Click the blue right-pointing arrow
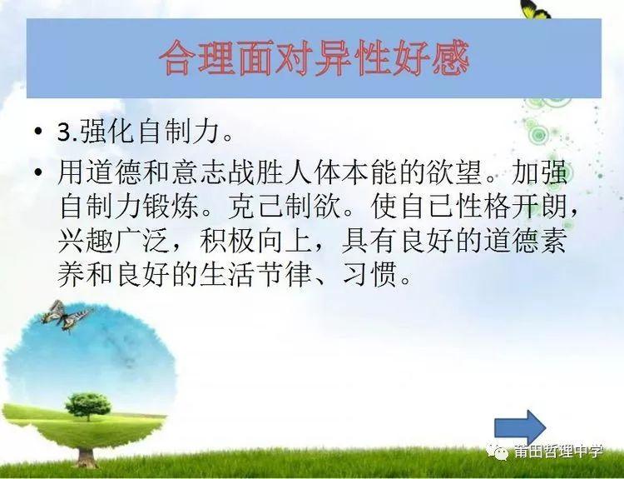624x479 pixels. (519, 428)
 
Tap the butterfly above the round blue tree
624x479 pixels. (66, 316)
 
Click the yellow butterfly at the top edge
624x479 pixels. (535, 9)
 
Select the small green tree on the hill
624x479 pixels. (88, 407)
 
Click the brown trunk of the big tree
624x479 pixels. (86, 457)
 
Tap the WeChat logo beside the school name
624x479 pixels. (498, 452)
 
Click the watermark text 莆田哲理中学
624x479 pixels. (558, 452)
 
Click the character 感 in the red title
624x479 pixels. (451, 58)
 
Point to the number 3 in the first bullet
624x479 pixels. (64, 132)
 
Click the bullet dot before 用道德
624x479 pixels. (38, 172)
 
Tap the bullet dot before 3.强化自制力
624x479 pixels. (38, 131)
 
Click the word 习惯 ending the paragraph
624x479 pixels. (369, 275)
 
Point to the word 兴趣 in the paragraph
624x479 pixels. (86, 241)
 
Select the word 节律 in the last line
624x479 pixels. (285, 275)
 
